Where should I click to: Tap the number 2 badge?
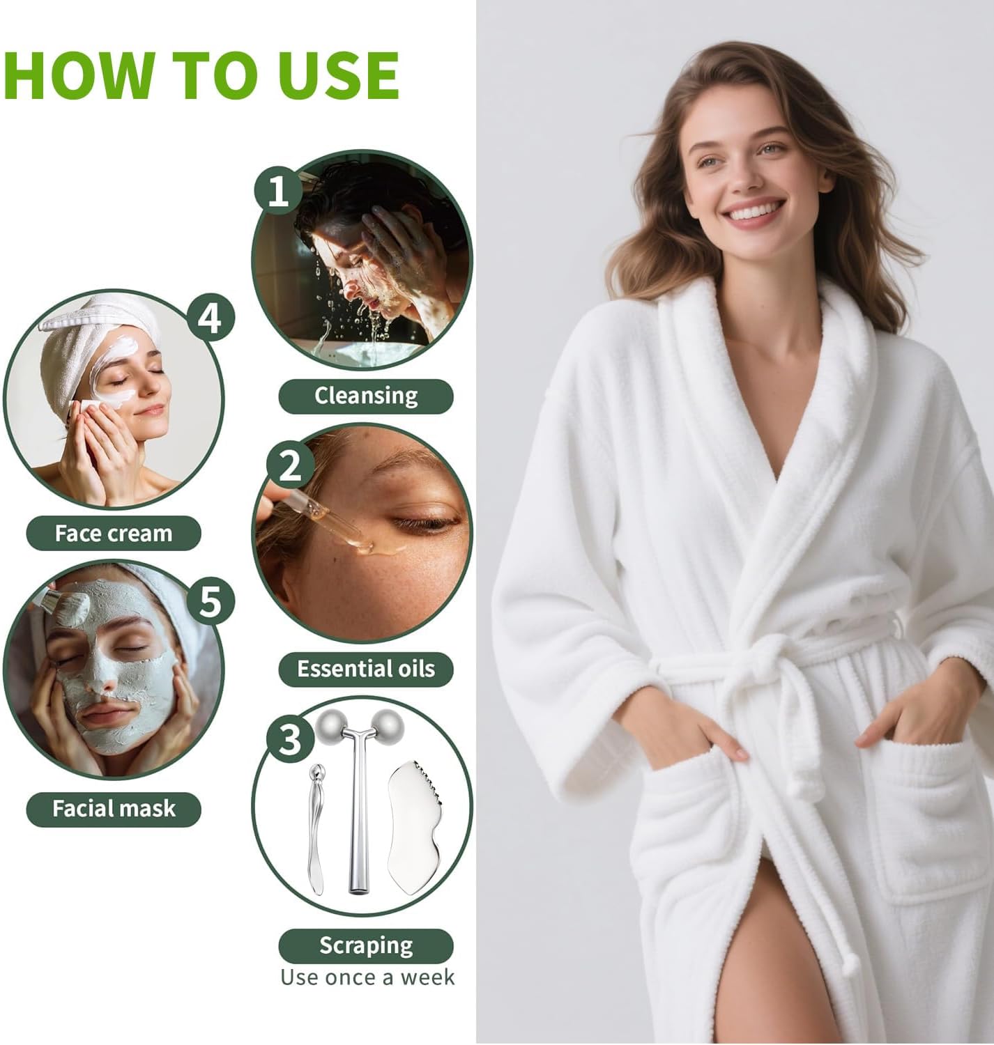289,465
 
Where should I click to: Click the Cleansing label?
366,396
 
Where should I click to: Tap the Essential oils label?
366,669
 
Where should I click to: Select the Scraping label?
366,945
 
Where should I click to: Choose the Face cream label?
114,534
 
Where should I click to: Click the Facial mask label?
114,809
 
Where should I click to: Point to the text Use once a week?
367,977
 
